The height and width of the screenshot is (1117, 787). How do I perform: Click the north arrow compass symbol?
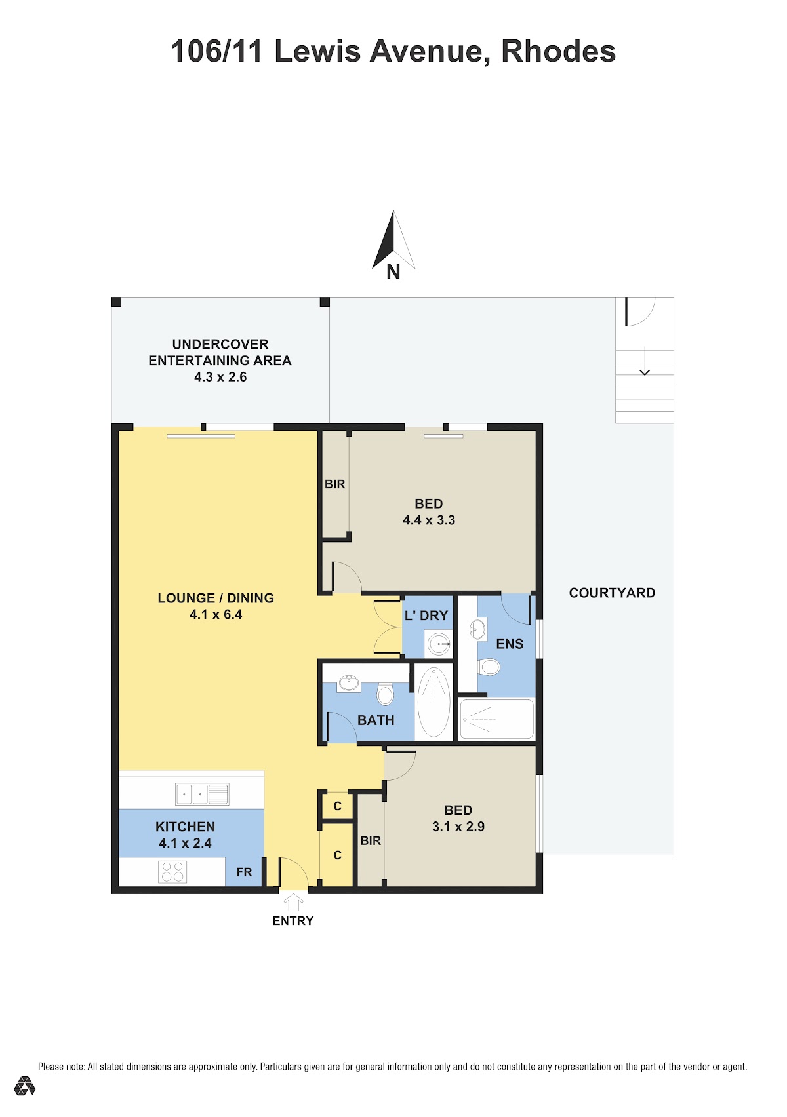(x=393, y=240)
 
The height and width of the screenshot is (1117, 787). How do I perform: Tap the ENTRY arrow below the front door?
(x=293, y=903)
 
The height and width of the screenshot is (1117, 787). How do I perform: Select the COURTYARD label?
(x=612, y=593)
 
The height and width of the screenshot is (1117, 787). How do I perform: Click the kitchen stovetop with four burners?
(x=172, y=872)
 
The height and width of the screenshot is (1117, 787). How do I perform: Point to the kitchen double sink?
(x=202, y=794)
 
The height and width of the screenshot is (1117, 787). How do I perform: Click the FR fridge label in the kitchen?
(x=244, y=872)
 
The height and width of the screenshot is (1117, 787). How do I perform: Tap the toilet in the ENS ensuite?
(x=489, y=667)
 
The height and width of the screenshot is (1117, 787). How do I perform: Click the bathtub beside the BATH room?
(x=434, y=701)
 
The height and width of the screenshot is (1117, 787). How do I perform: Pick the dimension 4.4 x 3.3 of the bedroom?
(x=429, y=520)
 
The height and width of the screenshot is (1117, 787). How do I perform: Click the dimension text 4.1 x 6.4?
(x=216, y=614)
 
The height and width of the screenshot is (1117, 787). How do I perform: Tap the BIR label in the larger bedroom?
(x=335, y=484)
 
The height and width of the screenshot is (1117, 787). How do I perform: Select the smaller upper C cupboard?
(x=337, y=806)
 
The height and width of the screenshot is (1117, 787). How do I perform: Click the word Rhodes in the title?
(x=558, y=51)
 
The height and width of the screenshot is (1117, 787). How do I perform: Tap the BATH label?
(x=376, y=720)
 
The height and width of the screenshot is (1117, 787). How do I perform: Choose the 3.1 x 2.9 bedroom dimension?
(x=458, y=827)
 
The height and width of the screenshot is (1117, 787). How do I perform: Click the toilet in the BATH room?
(x=385, y=694)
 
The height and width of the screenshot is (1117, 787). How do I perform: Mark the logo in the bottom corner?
(x=24, y=1086)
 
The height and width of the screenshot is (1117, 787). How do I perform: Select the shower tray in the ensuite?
(x=496, y=719)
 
